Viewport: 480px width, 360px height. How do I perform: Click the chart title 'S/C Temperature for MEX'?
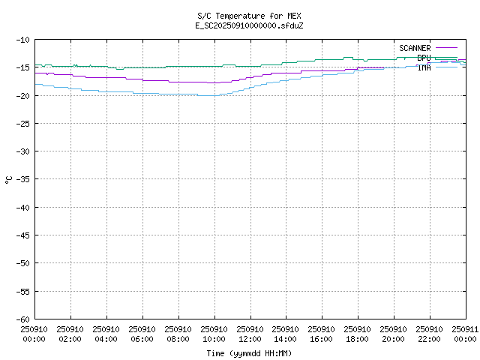point(249,16)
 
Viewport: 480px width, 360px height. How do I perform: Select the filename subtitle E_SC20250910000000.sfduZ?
point(249,25)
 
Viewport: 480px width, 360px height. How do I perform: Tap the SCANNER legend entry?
point(415,48)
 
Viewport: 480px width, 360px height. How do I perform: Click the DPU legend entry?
point(424,58)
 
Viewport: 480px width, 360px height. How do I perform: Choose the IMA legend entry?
point(424,67)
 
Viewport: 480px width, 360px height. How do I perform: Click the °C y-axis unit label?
point(9,179)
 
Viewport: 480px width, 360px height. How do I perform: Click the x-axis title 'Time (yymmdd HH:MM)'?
point(249,353)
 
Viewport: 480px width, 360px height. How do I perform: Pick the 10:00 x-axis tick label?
point(214,334)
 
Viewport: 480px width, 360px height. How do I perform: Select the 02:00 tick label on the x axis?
point(70,334)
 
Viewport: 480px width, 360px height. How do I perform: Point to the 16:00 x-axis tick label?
point(322,334)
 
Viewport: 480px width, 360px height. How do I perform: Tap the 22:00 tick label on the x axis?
point(430,334)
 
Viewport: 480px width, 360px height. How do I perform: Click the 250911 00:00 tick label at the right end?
point(465,334)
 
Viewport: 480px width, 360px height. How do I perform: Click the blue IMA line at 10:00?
point(214,95)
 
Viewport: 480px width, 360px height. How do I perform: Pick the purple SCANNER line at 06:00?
point(142,79)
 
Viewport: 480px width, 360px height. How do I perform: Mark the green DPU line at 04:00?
point(106,67)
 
